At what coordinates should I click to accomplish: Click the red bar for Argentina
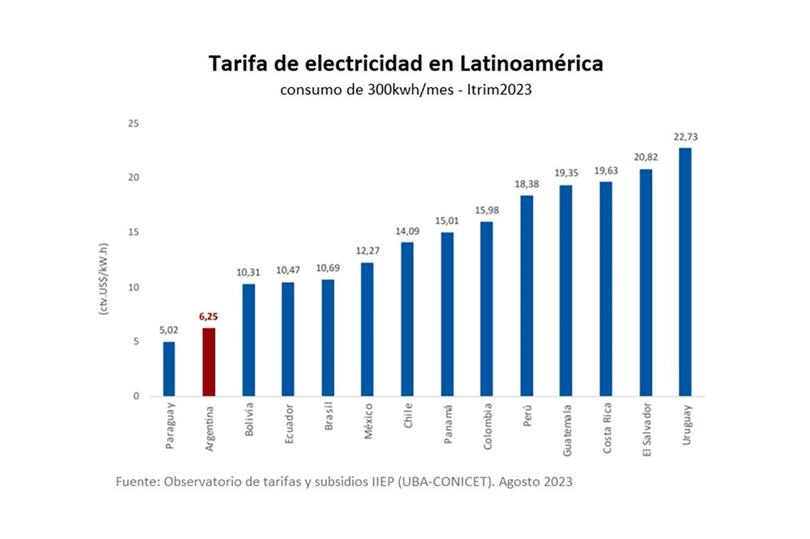tap(209, 362)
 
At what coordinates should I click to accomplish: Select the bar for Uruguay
tap(685, 272)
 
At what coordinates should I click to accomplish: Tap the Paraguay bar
tap(169, 368)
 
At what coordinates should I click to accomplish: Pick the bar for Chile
tap(407, 319)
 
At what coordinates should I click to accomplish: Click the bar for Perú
tap(526, 295)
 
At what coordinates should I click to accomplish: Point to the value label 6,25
tap(208, 317)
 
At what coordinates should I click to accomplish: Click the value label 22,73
tap(686, 137)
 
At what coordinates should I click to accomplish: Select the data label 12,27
tap(367, 251)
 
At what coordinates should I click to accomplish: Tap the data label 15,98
tap(487, 210)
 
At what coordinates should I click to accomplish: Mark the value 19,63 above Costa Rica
tap(606, 171)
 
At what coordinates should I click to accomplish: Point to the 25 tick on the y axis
tap(133, 123)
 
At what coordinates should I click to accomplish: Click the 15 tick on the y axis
tap(133, 232)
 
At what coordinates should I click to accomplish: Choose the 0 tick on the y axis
tap(136, 396)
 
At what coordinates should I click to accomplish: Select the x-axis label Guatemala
tap(567, 430)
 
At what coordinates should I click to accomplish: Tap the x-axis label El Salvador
tap(647, 430)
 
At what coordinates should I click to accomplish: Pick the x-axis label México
tap(368, 421)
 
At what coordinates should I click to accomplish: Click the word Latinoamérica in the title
tap(531, 64)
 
